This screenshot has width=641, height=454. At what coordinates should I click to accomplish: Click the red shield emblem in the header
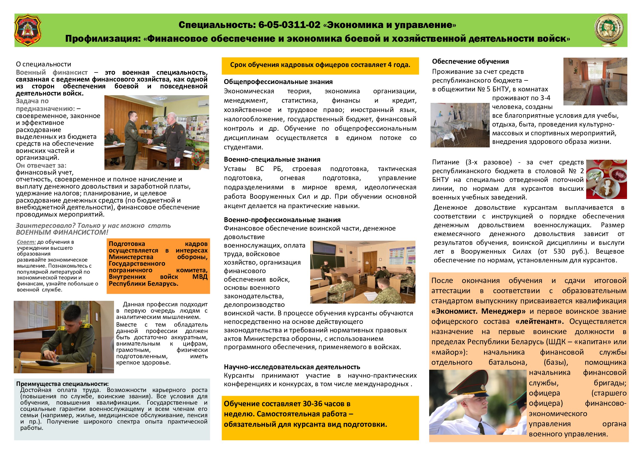(28, 30)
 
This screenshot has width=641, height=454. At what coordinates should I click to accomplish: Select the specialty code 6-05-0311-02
(289, 25)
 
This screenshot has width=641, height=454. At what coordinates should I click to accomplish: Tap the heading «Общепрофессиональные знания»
(278, 82)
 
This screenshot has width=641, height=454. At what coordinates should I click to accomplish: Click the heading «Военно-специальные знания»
(272, 159)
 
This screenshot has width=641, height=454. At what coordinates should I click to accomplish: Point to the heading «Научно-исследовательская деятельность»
(292, 367)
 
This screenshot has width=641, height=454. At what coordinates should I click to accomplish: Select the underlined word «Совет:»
(26, 242)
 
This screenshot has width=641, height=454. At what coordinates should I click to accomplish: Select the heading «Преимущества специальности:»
(62, 384)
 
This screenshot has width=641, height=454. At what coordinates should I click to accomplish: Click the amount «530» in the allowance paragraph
(559, 251)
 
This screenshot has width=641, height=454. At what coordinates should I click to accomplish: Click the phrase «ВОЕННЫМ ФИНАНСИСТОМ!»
(62, 232)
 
